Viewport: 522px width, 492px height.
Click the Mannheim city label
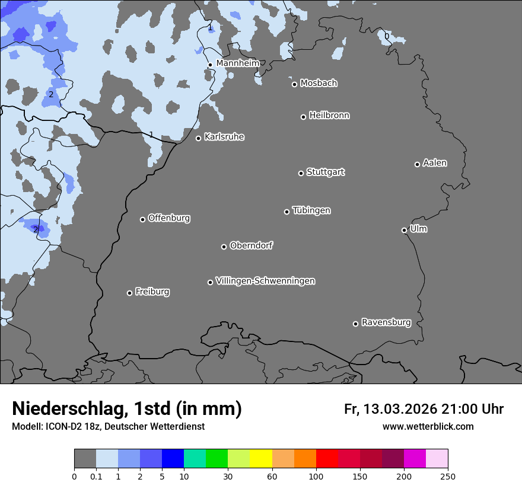click(x=237, y=63)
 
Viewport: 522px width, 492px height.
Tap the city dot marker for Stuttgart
click(x=301, y=173)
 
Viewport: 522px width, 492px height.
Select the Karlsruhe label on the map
click(x=224, y=137)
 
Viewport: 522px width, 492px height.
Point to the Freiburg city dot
click(x=129, y=293)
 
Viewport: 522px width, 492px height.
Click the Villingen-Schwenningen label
click(x=265, y=281)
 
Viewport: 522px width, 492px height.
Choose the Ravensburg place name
click(x=386, y=322)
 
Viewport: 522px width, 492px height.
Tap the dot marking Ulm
click(x=404, y=230)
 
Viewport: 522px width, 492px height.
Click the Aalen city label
click(x=434, y=163)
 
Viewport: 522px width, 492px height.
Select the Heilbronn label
click(x=329, y=116)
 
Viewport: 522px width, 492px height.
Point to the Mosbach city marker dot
click(x=294, y=84)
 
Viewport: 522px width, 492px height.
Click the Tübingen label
click(x=311, y=210)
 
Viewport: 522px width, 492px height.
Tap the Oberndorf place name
click(x=251, y=245)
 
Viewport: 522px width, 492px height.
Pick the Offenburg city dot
click(x=142, y=219)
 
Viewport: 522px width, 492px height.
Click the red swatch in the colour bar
click(x=327, y=459)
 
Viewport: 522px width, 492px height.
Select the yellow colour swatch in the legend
click(x=261, y=459)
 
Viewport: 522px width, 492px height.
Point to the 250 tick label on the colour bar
click(x=448, y=476)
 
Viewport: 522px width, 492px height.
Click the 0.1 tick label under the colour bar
click(x=96, y=476)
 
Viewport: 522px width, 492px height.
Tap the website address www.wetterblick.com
click(x=428, y=426)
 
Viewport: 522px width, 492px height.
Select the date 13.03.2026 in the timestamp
click(x=400, y=409)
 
